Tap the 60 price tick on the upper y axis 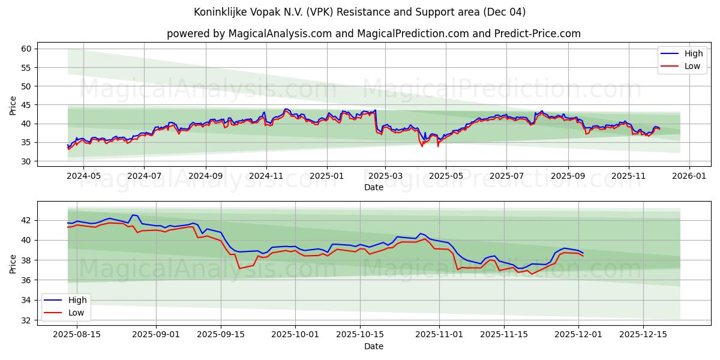(x=26, y=49)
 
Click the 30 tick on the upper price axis (x=26, y=161)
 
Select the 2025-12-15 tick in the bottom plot (x=643, y=334)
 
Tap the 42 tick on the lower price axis (x=26, y=220)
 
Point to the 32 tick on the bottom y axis (x=26, y=320)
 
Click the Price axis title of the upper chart (x=13, y=105)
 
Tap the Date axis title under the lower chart (x=373, y=346)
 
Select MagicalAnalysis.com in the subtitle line (x=280, y=34)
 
